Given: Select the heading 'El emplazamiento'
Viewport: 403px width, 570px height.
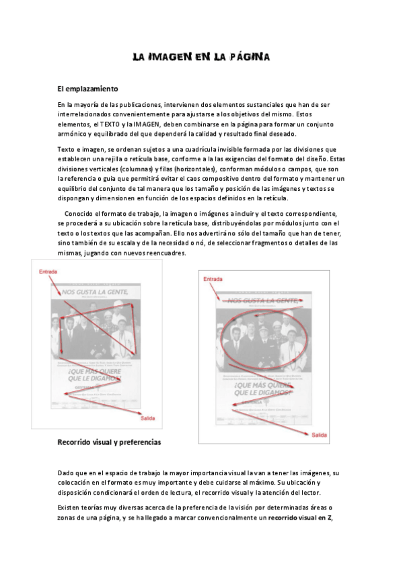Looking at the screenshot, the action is point(88,89).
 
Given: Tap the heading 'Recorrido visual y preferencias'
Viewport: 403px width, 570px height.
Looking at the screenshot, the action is point(109,443).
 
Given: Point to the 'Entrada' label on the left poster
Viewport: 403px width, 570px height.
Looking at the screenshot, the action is point(48,272).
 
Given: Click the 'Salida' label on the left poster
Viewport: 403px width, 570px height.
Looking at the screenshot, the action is point(147,419).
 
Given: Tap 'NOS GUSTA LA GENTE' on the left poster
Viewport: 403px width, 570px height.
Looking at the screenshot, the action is point(97,292).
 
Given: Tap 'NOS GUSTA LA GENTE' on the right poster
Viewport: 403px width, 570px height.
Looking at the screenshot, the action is point(262,300).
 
